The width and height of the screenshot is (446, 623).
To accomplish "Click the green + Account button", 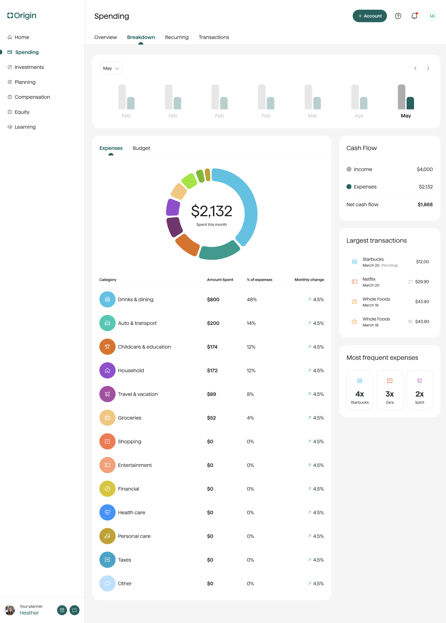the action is (370, 16).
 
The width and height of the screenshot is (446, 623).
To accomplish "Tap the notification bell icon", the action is (414, 16).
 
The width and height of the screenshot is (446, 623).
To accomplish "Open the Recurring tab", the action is (177, 37).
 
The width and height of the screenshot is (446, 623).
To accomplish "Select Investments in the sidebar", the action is (29, 67).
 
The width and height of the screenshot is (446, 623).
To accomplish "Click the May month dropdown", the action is (111, 69).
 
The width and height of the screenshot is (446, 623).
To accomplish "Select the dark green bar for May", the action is (410, 103).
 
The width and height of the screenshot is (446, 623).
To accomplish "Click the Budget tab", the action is (141, 148).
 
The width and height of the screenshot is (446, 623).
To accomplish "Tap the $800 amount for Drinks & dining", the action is (213, 300).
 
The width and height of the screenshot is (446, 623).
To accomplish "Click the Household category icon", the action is (107, 370).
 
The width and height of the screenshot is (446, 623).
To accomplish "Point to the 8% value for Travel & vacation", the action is (250, 394).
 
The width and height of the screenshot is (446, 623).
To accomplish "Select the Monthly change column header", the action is (309, 280).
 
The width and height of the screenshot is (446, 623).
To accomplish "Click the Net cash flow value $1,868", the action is (425, 205).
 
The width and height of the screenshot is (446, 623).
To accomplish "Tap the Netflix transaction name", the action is (369, 279).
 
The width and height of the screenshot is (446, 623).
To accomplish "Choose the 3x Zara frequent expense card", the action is (389, 390).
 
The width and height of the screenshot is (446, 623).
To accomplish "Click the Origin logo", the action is (22, 16).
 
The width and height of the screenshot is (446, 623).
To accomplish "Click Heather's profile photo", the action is (10, 610).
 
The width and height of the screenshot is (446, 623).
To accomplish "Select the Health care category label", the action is (131, 513).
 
